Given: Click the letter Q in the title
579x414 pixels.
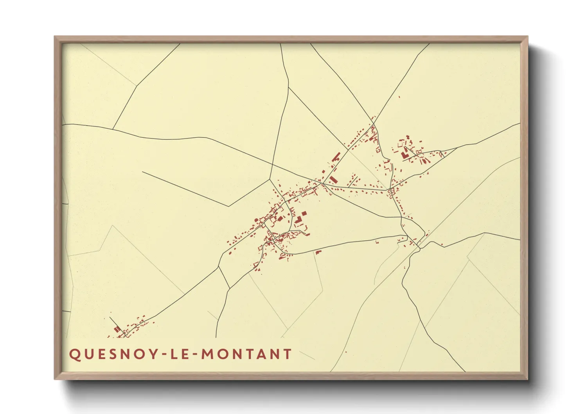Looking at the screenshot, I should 74,354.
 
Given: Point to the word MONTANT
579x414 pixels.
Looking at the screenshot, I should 247,354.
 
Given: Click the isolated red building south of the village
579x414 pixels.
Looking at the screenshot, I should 318,252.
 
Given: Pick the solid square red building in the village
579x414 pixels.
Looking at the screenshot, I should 304,214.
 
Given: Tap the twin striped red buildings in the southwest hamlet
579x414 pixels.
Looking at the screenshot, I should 117,329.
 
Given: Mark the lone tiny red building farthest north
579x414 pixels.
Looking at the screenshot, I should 399,97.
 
